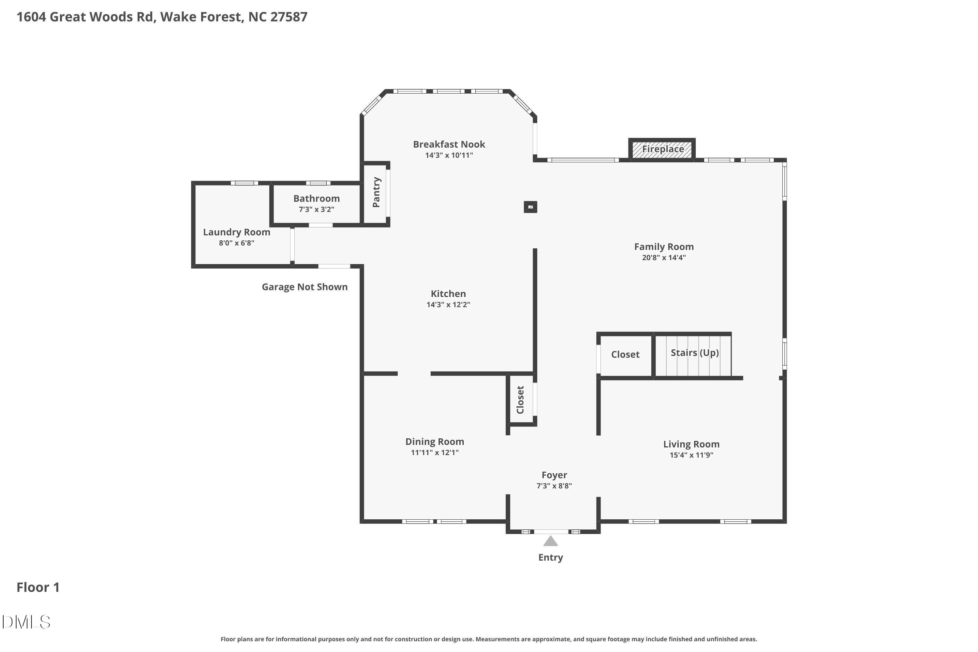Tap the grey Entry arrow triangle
pyautogui.click(x=551, y=541)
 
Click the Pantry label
pyautogui.click(x=376, y=192)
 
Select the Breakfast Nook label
pyautogui.click(x=449, y=144)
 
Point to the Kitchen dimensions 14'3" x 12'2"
pyautogui.click(x=448, y=304)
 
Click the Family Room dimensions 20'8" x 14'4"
pyautogui.click(x=664, y=258)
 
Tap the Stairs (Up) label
pyautogui.click(x=695, y=353)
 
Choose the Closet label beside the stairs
pyautogui.click(x=625, y=354)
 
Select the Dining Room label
pyautogui.click(x=435, y=442)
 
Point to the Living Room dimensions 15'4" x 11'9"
pyautogui.click(x=691, y=455)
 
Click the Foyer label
pyautogui.click(x=554, y=475)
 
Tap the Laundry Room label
pyautogui.click(x=237, y=232)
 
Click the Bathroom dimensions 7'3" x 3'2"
pyautogui.click(x=317, y=209)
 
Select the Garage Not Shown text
pyautogui.click(x=305, y=287)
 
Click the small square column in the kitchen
pyautogui.click(x=530, y=207)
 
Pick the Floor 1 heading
pyautogui.click(x=38, y=587)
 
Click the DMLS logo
pyautogui.click(x=26, y=622)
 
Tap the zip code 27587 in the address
pyautogui.click(x=289, y=17)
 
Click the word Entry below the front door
pyautogui.click(x=551, y=557)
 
